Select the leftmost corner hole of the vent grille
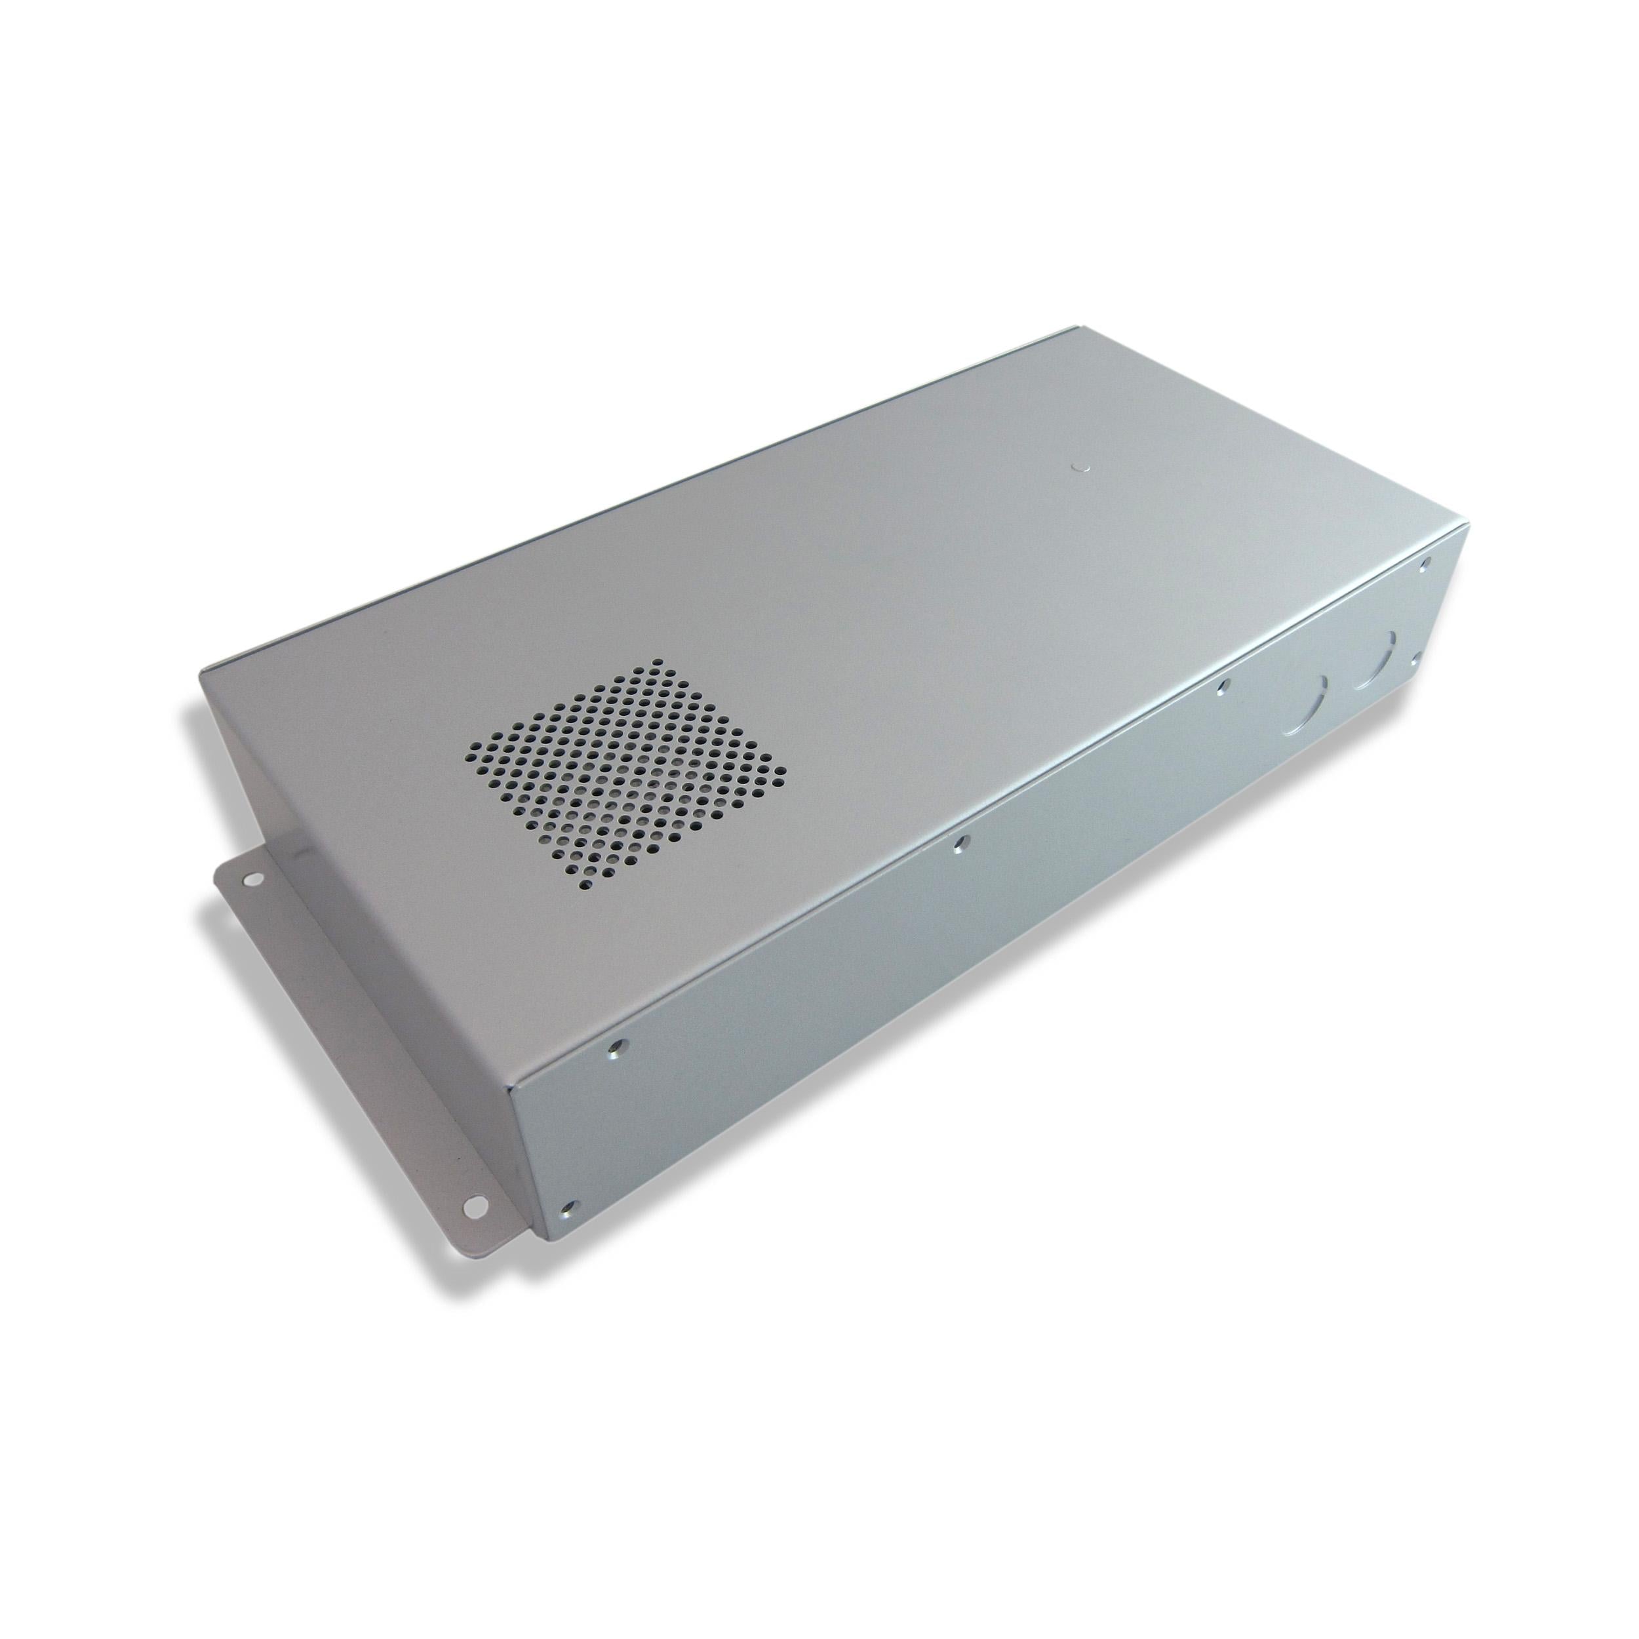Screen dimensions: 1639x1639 (x=473, y=753)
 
